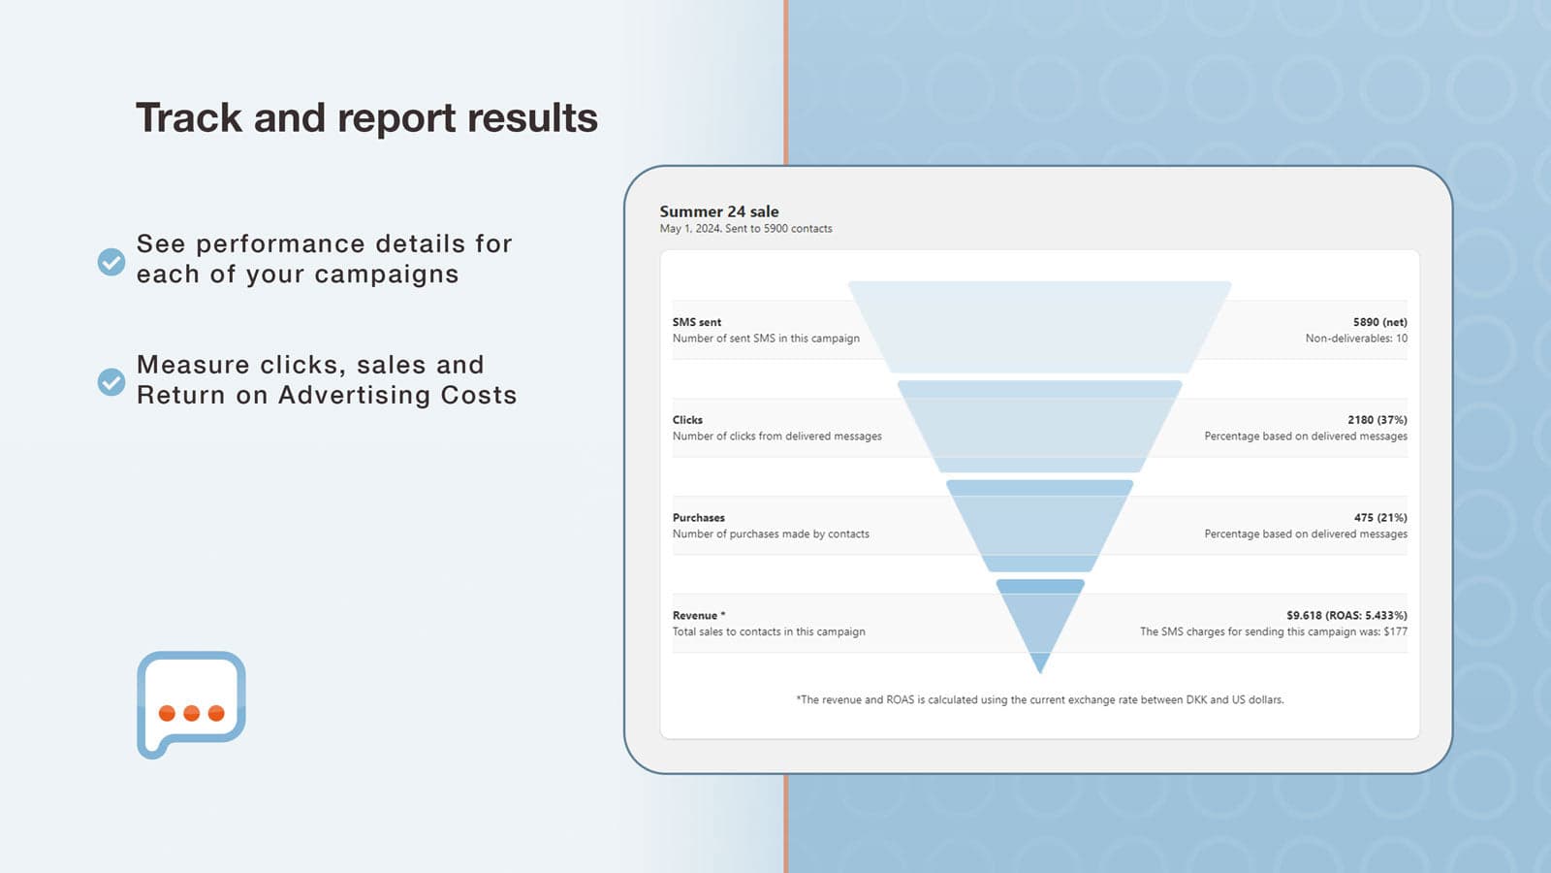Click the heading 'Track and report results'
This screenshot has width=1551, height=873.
coord(367,117)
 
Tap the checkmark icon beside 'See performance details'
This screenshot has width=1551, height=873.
coord(111,262)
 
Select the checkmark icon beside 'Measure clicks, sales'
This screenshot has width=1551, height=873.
coord(111,382)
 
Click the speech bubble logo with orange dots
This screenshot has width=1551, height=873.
coord(192,704)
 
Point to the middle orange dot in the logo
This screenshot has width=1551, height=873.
coord(192,713)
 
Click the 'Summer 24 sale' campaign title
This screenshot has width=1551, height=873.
coord(718,211)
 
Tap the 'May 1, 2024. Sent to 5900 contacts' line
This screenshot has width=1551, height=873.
coord(745,229)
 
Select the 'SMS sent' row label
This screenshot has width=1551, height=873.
coord(697,322)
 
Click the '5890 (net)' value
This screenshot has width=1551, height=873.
coord(1380,322)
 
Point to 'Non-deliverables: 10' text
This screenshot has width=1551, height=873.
coord(1356,339)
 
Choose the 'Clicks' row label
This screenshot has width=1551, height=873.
coord(687,420)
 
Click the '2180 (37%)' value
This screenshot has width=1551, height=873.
coord(1377,420)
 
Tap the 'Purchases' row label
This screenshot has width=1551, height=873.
coord(698,518)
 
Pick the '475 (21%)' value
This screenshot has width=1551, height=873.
coord(1380,518)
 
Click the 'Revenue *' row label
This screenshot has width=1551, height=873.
coord(699,615)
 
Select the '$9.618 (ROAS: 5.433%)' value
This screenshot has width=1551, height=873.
coord(1346,615)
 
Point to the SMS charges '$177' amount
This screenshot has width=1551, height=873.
coord(1395,631)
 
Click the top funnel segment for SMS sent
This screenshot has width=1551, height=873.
coord(1039,327)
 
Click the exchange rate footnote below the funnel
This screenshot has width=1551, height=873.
coord(1040,699)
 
